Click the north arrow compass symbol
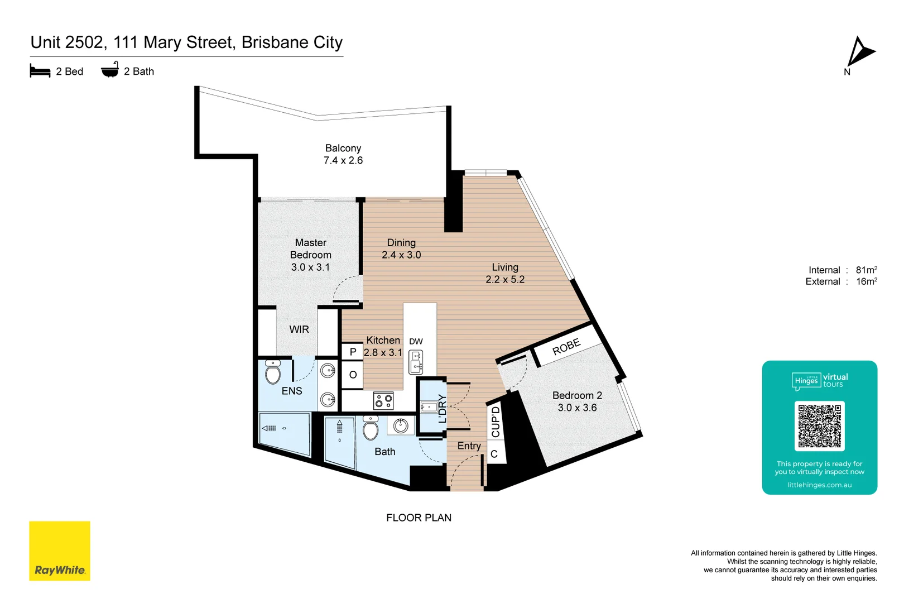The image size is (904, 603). pyautogui.click(x=859, y=53)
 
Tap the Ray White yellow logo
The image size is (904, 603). pyautogui.click(x=60, y=551)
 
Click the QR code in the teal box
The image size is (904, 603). pyautogui.click(x=819, y=426)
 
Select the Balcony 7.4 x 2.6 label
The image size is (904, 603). pyautogui.click(x=343, y=154)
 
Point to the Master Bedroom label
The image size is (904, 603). pyautogui.click(x=311, y=255)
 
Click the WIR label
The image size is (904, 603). pyautogui.click(x=299, y=329)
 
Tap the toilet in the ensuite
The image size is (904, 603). pyautogui.click(x=273, y=372)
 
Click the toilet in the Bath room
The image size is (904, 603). pyautogui.click(x=371, y=428)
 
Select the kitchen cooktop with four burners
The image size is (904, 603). pyautogui.click(x=383, y=400)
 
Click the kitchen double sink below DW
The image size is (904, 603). pyautogui.click(x=416, y=362)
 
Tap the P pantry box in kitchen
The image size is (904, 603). pyautogui.click(x=353, y=352)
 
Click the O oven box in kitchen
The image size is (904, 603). pyautogui.click(x=353, y=375)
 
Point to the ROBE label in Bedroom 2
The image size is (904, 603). pyautogui.click(x=566, y=347)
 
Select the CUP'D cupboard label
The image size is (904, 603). pyautogui.click(x=496, y=422)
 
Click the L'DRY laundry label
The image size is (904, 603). pyautogui.click(x=443, y=408)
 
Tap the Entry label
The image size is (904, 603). pyautogui.click(x=469, y=446)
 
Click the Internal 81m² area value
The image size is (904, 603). pyautogui.click(x=866, y=270)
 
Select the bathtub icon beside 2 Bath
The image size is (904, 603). pyautogui.click(x=110, y=70)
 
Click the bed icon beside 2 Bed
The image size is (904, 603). pyautogui.click(x=40, y=71)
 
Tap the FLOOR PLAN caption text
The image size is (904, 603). pyautogui.click(x=419, y=518)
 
